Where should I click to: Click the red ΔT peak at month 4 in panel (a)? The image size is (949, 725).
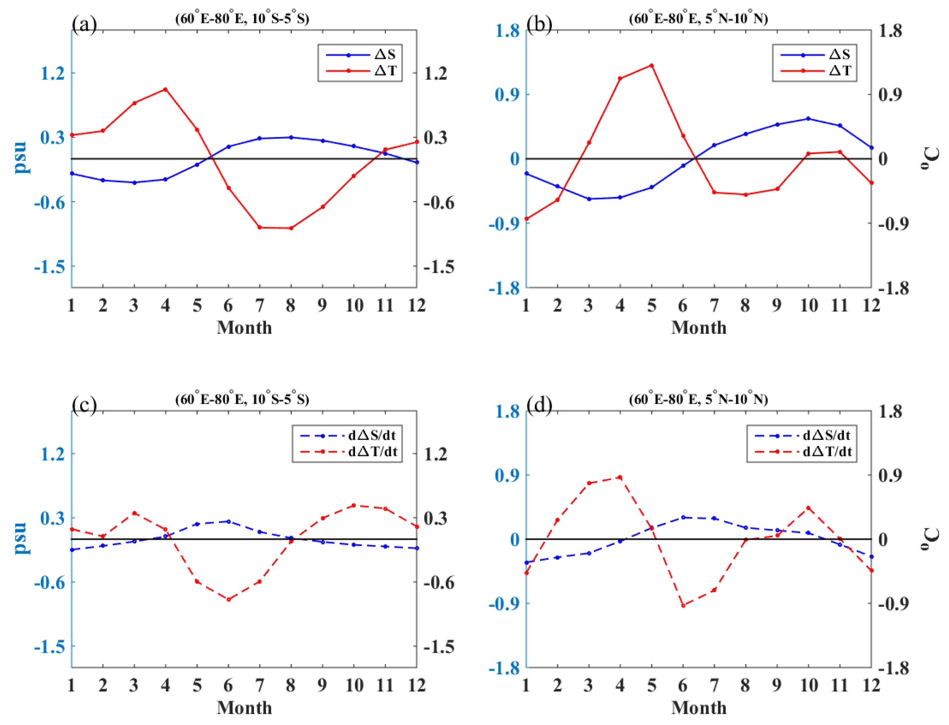tap(165, 89)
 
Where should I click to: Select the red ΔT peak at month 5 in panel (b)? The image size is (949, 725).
tap(652, 66)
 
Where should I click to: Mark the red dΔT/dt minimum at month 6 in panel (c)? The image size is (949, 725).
tap(228, 599)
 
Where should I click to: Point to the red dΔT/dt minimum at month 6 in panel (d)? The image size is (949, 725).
tap(683, 605)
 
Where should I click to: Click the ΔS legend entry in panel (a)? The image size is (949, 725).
tap(384, 54)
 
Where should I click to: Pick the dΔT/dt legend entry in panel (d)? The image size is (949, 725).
tap(827, 451)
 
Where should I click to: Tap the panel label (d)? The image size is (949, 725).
tap(539, 405)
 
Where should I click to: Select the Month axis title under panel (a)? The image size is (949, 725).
tap(244, 327)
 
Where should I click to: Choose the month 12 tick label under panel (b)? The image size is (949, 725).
tap(871, 306)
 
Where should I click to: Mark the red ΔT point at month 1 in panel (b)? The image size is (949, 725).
tap(526, 219)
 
